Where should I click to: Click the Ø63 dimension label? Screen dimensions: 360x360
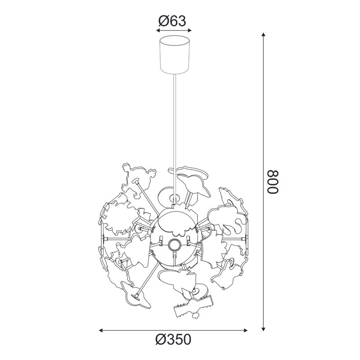(172, 21)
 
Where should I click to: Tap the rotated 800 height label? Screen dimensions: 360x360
(273, 182)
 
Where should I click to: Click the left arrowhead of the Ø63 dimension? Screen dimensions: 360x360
(158, 31)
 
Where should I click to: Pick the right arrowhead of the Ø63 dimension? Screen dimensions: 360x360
(189, 31)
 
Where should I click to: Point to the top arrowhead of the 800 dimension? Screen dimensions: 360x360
(264, 35)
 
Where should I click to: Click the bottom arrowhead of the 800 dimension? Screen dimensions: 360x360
(264, 329)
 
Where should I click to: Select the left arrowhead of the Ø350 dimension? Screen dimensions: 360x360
(101, 331)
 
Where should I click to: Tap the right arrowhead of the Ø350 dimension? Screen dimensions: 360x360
(245, 331)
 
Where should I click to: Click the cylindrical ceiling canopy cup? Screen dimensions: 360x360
(175, 54)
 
